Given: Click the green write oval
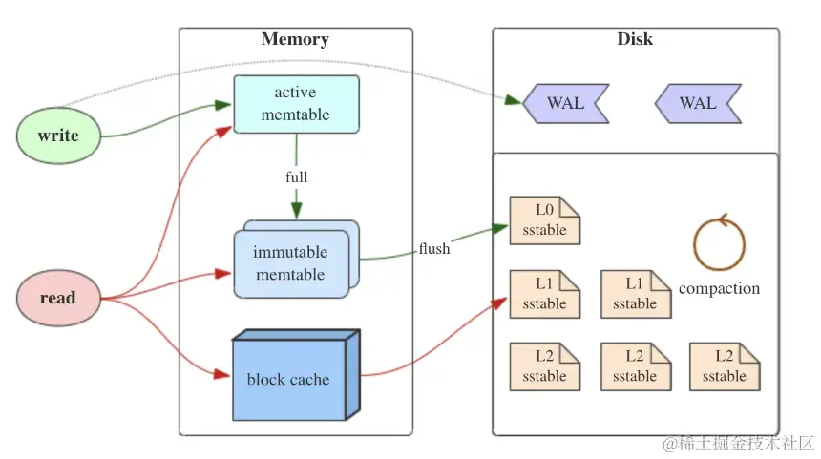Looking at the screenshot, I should point(58,136).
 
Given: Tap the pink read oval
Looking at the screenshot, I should point(58,299).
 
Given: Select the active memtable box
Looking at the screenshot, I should point(296,104).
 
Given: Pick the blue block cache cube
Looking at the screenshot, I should point(288,379).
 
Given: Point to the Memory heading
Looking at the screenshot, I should point(295,40).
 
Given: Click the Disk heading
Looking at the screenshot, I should point(635,40).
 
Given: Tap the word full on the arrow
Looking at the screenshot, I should point(297,177).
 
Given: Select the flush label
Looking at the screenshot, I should point(433,249).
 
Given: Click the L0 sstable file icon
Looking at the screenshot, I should point(544,220).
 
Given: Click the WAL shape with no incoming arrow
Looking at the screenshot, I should point(698,103).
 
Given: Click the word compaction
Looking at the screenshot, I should point(719,288).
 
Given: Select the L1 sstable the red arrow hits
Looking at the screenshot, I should point(544,294).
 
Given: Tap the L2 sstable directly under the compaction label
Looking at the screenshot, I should point(725,366).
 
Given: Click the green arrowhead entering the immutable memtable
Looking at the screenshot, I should point(297,212).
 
